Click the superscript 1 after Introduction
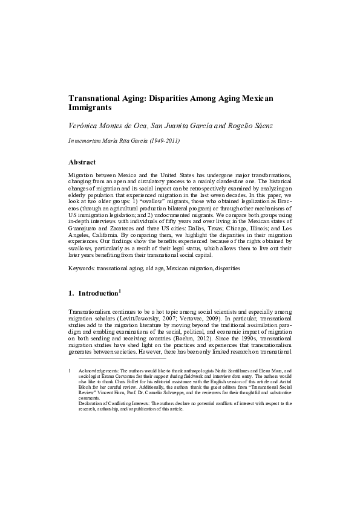coord(120,291)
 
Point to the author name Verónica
coord(85,126)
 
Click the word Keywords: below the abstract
coord(83,267)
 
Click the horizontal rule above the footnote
coord(117,358)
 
